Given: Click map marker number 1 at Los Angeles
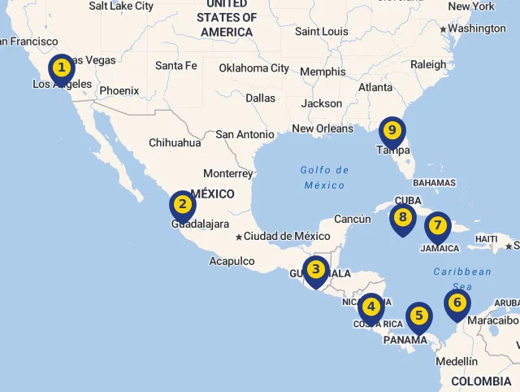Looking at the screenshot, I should [62, 68].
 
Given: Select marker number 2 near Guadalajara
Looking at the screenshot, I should [183, 205].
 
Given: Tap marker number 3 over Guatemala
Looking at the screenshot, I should [316, 269].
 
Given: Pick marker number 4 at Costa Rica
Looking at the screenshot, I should [371, 307].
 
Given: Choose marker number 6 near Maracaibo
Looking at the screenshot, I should [457, 303].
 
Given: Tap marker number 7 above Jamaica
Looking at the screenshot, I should [437, 225].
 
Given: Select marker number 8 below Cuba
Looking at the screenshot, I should [402, 217].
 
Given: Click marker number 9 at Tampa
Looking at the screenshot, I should [392, 130].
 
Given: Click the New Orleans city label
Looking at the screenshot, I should [323, 128].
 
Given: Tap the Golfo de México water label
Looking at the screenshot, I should [325, 177].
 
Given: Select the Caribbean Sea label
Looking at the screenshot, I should [462, 278].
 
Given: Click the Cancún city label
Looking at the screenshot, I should [353, 219].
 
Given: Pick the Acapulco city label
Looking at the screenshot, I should [232, 261].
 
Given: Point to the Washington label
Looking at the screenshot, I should [476, 28].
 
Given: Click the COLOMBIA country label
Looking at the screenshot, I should [481, 381].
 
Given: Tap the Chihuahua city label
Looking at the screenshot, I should [175, 142].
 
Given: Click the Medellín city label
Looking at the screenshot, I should [457, 361].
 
